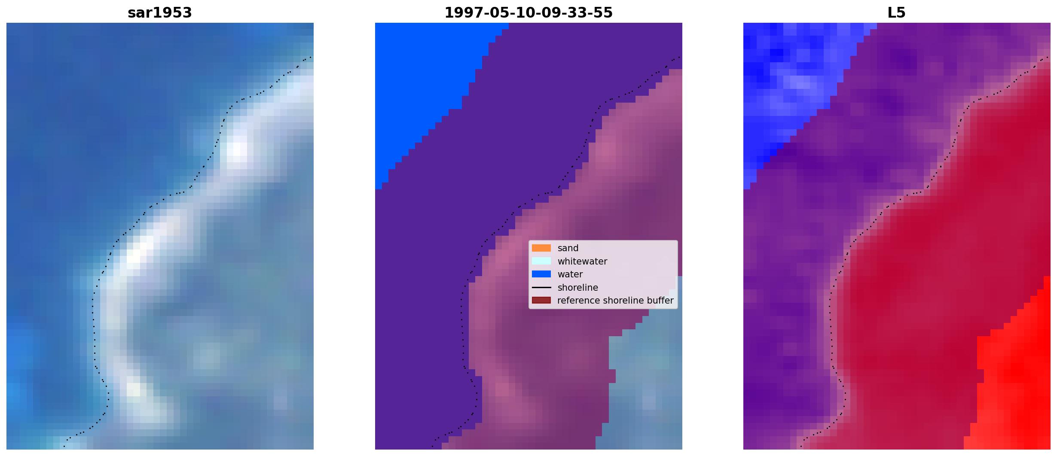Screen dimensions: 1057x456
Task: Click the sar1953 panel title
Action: pyautogui.click(x=160, y=13)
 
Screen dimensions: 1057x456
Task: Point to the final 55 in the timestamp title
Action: pyautogui.click(x=604, y=13)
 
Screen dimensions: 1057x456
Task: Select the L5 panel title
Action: pyautogui.click(x=897, y=13)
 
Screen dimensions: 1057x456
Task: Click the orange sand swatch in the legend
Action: pyautogui.click(x=541, y=248)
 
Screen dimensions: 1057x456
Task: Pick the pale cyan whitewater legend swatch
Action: pyautogui.click(x=541, y=261)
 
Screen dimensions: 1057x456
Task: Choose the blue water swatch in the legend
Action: pyautogui.click(x=541, y=274)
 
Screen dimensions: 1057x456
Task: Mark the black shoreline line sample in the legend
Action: pyautogui.click(x=541, y=287)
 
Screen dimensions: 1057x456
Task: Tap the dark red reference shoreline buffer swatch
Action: pyautogui.click(x=541, y=300)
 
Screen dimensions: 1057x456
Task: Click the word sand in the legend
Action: pyautogui.click(x=568, y=248)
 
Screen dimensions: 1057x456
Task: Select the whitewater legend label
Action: pyautogui.click(x=582, y=261)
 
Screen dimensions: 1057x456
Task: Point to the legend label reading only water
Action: pyautogui.click(x=570, y=274)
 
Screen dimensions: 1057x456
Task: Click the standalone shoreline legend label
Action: pyautogui.click(x=577, y=288)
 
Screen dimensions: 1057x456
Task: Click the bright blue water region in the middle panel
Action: pyautogui.click(x=425, y=86)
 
